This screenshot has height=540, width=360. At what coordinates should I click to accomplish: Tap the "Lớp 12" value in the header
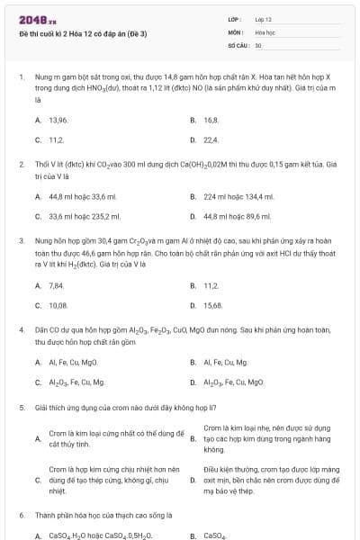pyautogui.click(x=263, y=19)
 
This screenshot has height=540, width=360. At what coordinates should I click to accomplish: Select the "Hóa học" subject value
pyautogui.click(x=265, y=31)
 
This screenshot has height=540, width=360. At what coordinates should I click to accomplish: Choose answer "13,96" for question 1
pyautogui.click(x=58, y=119)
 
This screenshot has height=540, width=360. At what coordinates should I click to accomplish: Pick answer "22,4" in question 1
pyautogui.click(x=211, y=139)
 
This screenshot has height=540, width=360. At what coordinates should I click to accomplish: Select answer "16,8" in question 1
pyautogui.click(x=211, y=119)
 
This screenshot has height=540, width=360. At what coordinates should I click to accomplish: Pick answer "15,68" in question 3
pyautogui.click(x=213, y=305)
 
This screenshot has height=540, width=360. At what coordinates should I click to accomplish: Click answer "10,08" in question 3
pyautogui.click(x=58, y=305)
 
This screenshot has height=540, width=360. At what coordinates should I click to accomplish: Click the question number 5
pyautogui.click(x=22, y=407)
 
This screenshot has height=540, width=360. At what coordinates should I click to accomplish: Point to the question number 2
pyautogui.click(x=22, y=165)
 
